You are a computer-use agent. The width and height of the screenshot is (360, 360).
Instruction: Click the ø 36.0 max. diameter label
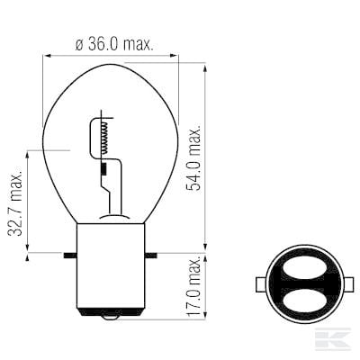[114, 45]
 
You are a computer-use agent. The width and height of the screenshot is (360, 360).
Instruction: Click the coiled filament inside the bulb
[104, 138]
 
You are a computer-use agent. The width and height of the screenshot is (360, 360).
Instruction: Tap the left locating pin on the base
[70, 256]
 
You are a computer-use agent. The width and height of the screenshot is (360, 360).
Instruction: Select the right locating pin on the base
[151, 256]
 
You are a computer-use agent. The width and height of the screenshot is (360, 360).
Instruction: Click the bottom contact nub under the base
[111, 318]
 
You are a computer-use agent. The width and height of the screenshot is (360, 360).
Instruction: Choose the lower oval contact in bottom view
[304, 301]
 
